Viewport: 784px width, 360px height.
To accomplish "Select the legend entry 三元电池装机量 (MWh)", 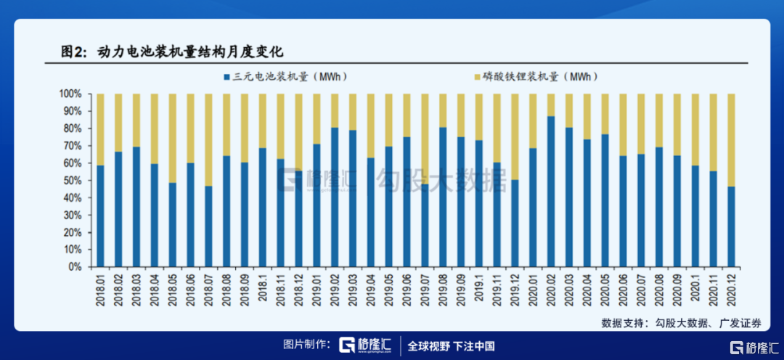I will point(289,76).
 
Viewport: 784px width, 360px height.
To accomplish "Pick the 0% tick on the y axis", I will point(78,267).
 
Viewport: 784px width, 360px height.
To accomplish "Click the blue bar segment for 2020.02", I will point(551,192).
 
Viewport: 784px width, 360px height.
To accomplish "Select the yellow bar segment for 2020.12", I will point(731,140).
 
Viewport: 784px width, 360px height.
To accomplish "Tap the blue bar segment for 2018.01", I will point(100,216).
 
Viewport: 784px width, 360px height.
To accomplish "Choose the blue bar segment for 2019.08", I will point(443,197).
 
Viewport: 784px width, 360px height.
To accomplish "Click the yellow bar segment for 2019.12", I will point(515,137).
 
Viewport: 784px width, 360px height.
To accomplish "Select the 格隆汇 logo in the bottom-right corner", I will point(755,347).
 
